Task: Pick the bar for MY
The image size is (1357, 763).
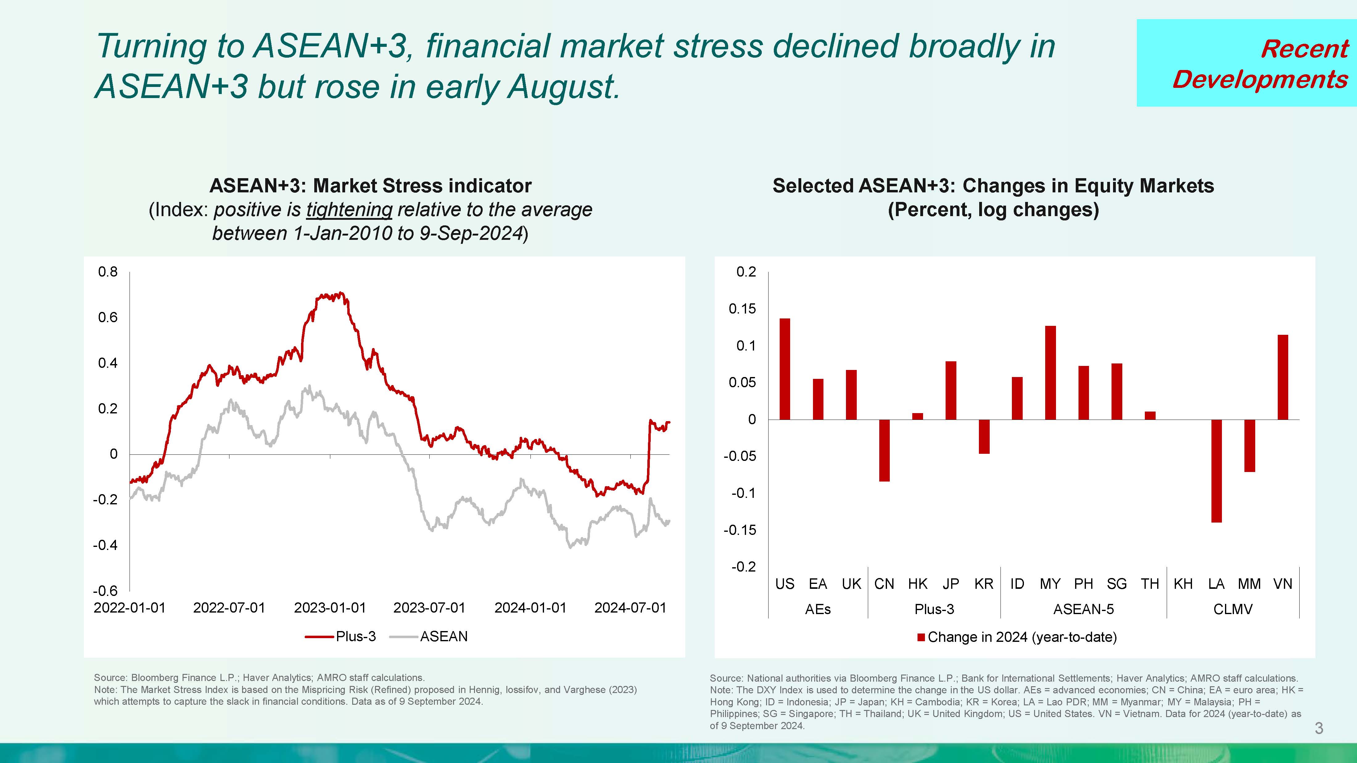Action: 1050,372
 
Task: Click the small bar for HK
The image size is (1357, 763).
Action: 917,416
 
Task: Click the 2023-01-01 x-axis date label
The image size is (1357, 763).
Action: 330,608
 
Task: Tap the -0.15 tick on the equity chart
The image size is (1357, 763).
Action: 742,530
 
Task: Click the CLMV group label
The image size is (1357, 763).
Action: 1233,609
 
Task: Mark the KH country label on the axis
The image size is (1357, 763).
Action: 1183,584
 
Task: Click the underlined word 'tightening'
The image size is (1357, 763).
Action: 349,210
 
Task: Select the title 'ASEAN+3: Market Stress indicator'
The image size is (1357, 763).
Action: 370,186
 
